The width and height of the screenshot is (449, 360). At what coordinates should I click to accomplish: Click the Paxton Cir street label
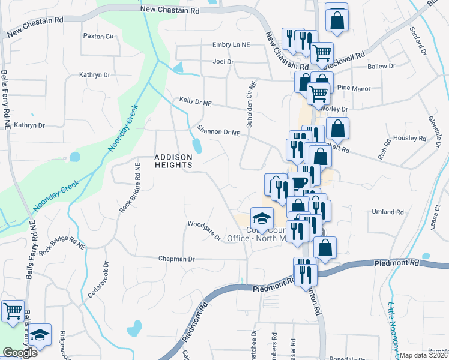[98, 36]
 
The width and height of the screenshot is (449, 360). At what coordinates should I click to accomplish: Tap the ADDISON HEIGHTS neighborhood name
[173, 161]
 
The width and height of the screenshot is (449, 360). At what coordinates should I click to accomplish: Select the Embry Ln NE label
[231, 45]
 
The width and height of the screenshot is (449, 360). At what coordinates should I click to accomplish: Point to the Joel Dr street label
[223, 61]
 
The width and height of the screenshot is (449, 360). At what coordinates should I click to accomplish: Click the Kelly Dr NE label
[196, 102]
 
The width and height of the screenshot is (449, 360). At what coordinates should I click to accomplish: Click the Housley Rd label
[409, 137]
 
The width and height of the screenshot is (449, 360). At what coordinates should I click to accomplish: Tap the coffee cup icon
[299, 182]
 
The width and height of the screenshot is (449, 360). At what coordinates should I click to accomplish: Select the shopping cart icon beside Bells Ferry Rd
[13, 311]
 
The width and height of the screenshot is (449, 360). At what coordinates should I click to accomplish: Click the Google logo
[20, 353]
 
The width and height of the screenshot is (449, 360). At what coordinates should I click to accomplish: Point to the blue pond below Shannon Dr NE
[196, 145]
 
